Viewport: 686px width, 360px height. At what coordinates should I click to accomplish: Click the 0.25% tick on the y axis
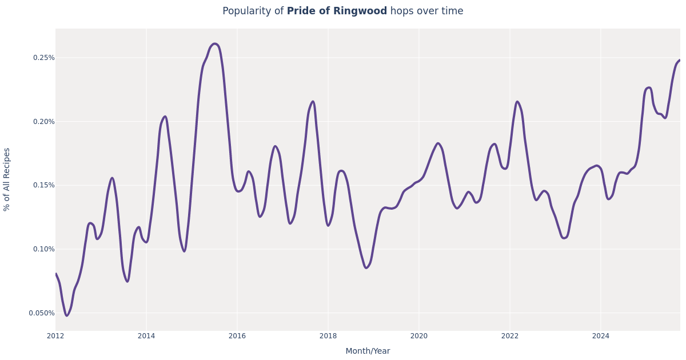point(43,58)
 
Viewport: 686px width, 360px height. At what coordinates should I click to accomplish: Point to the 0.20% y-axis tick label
point(43,122)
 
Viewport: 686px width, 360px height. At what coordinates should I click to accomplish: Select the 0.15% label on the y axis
point(43,185)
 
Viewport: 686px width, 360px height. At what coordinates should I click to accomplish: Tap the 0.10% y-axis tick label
point(43,249)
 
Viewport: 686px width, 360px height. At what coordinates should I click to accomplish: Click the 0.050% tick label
point(42,313)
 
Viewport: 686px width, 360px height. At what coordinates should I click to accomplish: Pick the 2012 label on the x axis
point(55,336)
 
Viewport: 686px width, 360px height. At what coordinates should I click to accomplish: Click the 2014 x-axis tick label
point(146,336)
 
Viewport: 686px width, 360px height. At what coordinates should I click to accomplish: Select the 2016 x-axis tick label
point(237,336)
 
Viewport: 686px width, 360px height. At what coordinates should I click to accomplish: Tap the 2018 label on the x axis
point(328,336)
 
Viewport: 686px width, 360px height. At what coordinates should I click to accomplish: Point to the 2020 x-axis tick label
point(419,336)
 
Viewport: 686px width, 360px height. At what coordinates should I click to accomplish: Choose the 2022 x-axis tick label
point(510,336)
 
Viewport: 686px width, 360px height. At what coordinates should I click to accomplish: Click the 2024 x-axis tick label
point(601,336)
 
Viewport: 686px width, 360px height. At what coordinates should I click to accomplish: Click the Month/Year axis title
point(368,351)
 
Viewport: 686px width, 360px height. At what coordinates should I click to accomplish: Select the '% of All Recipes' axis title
point(7,179)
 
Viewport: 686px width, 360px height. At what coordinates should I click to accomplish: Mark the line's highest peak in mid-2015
point(215,43)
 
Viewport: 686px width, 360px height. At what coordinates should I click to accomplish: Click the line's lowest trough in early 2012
point(66,315)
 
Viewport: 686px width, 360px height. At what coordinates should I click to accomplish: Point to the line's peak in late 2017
point(313,102)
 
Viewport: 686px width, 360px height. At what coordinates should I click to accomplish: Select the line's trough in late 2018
point(366,267)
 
